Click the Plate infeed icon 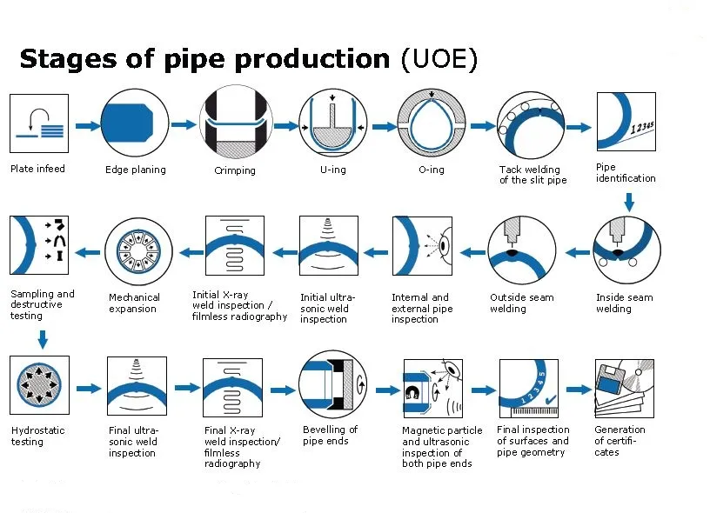(x=39, y=123)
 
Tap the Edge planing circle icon (x=135, y=123)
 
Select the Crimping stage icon (x=234, y=123)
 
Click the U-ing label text (x=332, y=170)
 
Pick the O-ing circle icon (x=432, y=123)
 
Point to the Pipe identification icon (x=626, y=123)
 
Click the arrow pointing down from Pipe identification (x=629, y=203)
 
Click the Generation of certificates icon (x=624, y=386)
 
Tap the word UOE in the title (x=439, y=59)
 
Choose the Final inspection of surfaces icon (x=528, y=386)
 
